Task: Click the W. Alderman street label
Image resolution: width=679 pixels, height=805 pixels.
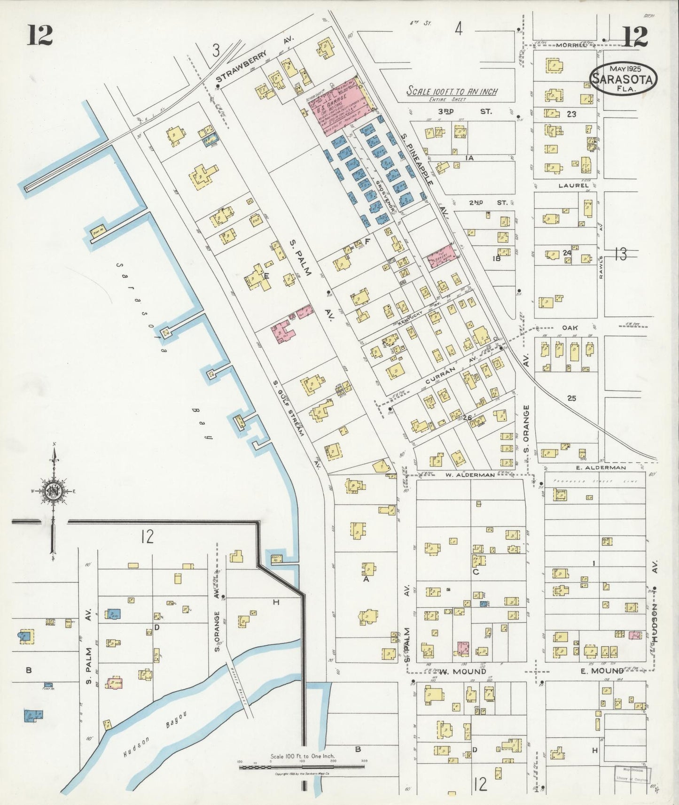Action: pyautogui.click(x=470, y=475)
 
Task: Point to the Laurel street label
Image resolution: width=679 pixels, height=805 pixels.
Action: pyautogui.click(x=573, y=186)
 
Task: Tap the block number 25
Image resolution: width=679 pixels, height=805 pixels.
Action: pyautogui.click(x=571, y=398)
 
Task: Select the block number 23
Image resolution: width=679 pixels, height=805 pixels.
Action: pyautogui.click(x=571, y=114)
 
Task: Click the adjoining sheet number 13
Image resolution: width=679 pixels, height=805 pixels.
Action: pyautogui.click(x=620, y=254)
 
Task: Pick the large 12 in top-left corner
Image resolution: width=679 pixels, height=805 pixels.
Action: pyautogui.click(x=39, y=35)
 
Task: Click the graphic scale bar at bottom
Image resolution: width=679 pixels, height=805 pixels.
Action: pyautogui.click(x=301, y=767)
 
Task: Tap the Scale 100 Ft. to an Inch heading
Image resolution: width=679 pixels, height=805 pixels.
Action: pyautogui.click(x=452, y=92)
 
